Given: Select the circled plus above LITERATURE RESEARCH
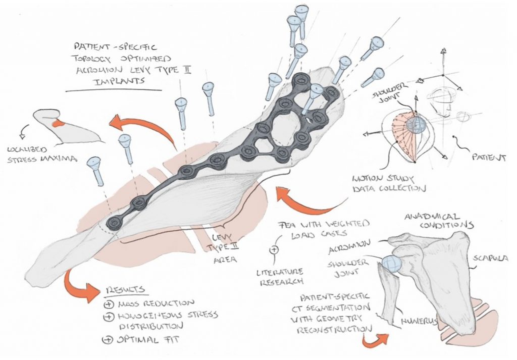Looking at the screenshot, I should [x=274, y=249].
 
